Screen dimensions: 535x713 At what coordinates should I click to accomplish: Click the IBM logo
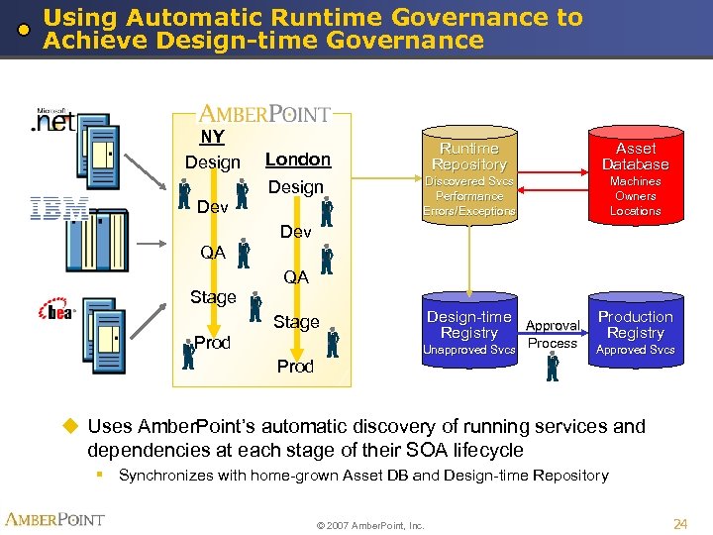[58, 208]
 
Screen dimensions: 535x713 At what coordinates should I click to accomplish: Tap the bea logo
[56, 311]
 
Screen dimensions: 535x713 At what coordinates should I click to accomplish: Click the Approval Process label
[553, 334]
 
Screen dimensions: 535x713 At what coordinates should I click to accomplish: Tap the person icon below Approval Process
[553, 367]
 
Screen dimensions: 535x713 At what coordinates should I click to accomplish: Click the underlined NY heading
[212, 138]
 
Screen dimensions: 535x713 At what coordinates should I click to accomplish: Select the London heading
[297, 160]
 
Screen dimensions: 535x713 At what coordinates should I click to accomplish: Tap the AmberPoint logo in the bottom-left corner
[55, 519]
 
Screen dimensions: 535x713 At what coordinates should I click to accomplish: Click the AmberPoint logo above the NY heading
[265, 113]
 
